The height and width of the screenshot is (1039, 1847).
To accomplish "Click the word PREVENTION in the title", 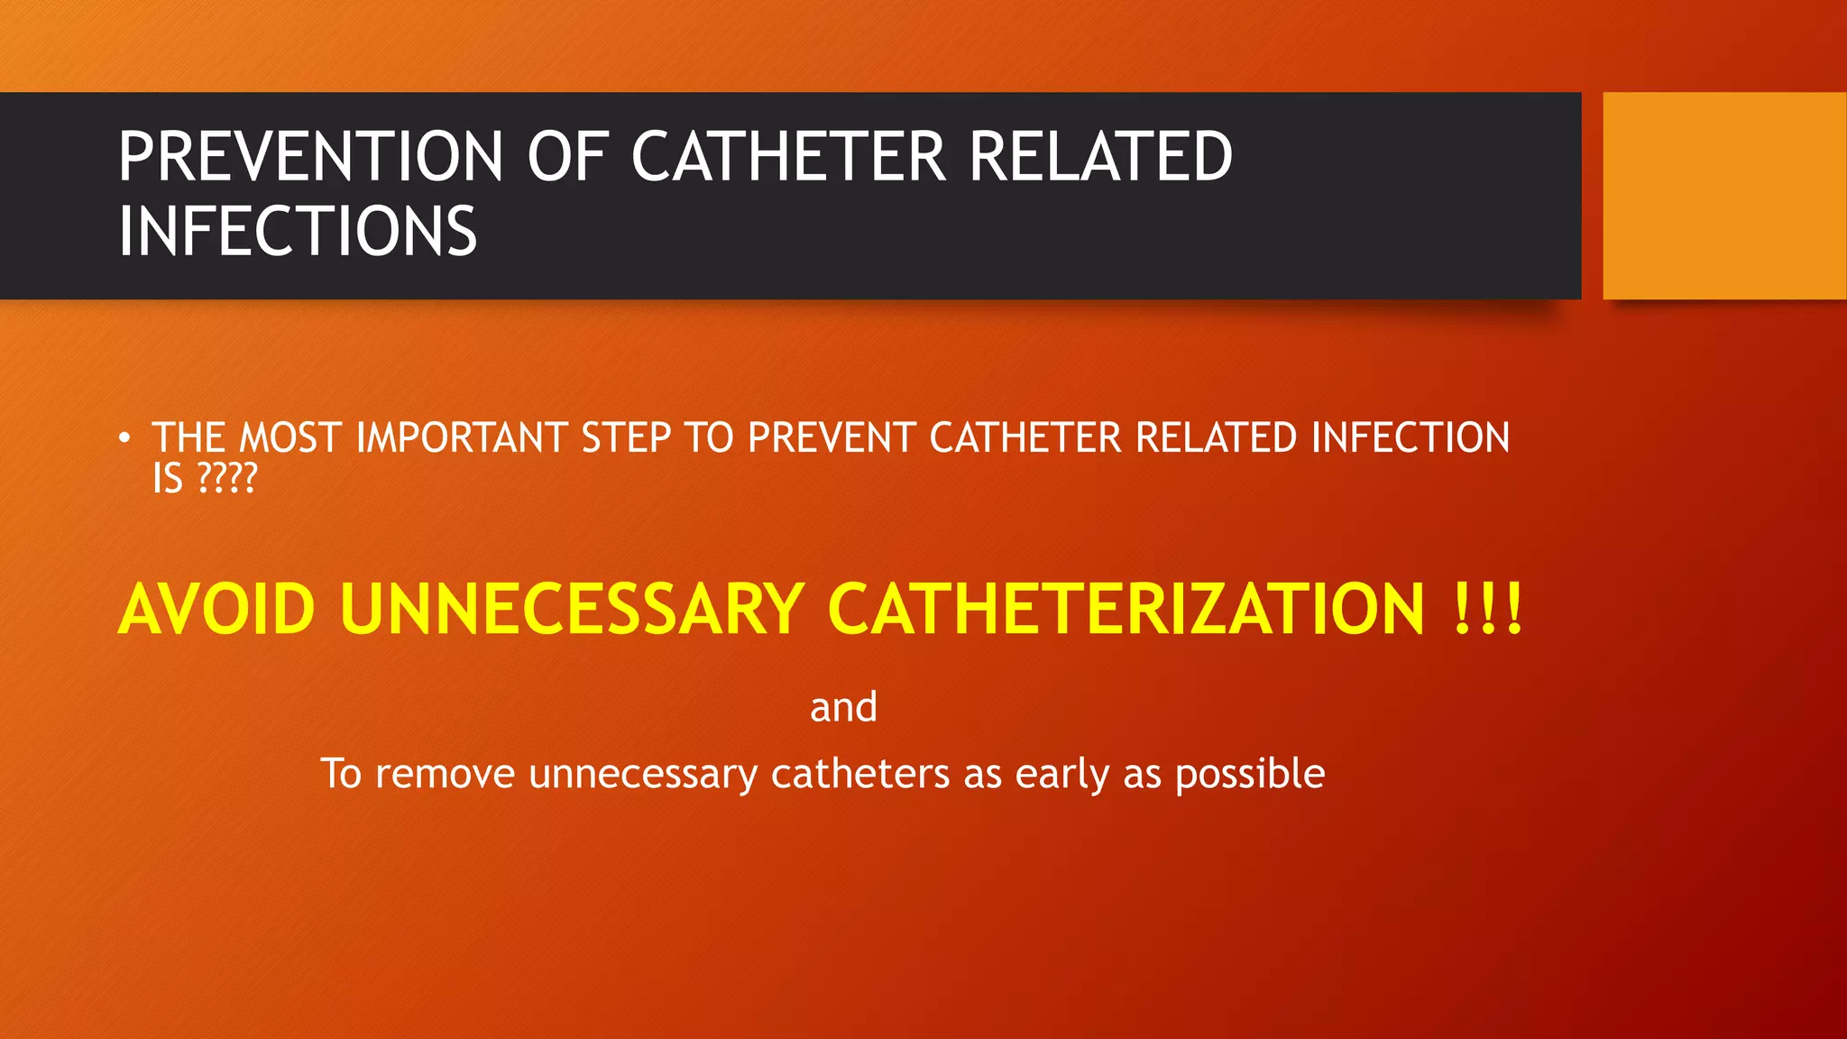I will pyautogui.click(x=310, y=157).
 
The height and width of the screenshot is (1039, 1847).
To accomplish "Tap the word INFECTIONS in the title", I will pyautogui.click(x=298, y=232).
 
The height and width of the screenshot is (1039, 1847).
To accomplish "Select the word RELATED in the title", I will pyautogui.click(x=1100, y=157).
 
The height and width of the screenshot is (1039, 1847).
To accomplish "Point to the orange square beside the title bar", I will pyautogui.click(x=1723, y=196).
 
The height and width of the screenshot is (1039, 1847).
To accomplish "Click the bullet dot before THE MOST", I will pyautogui.click(x=124, y=439).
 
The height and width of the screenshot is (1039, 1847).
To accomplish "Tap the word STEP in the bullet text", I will pyautogui.click(x=626, y=438).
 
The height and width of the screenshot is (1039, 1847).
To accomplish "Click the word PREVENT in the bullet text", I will pyautogui.click(x=832, y=438).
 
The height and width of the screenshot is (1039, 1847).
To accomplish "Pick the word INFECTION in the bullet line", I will pyautogui.click(x=1411, y=438).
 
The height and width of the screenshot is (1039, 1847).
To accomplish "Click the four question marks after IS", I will pyautogui.click(x=227, y=479).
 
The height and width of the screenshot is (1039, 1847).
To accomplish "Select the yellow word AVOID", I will pyautogui.click(x=216, y=610).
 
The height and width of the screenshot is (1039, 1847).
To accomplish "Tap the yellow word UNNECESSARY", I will pyautogui.click(x=572, y=610).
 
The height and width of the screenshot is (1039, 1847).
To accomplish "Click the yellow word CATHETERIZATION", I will pyautogui.click(x=1126, y=610).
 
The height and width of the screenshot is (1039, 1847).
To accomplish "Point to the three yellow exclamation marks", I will pyautogui.click(x=1488, y=610).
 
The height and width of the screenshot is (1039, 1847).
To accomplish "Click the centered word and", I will pyautogui.click(x=843, y=707).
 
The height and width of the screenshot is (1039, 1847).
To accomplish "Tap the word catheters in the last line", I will pyautogui.click(x=859, y=775).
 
